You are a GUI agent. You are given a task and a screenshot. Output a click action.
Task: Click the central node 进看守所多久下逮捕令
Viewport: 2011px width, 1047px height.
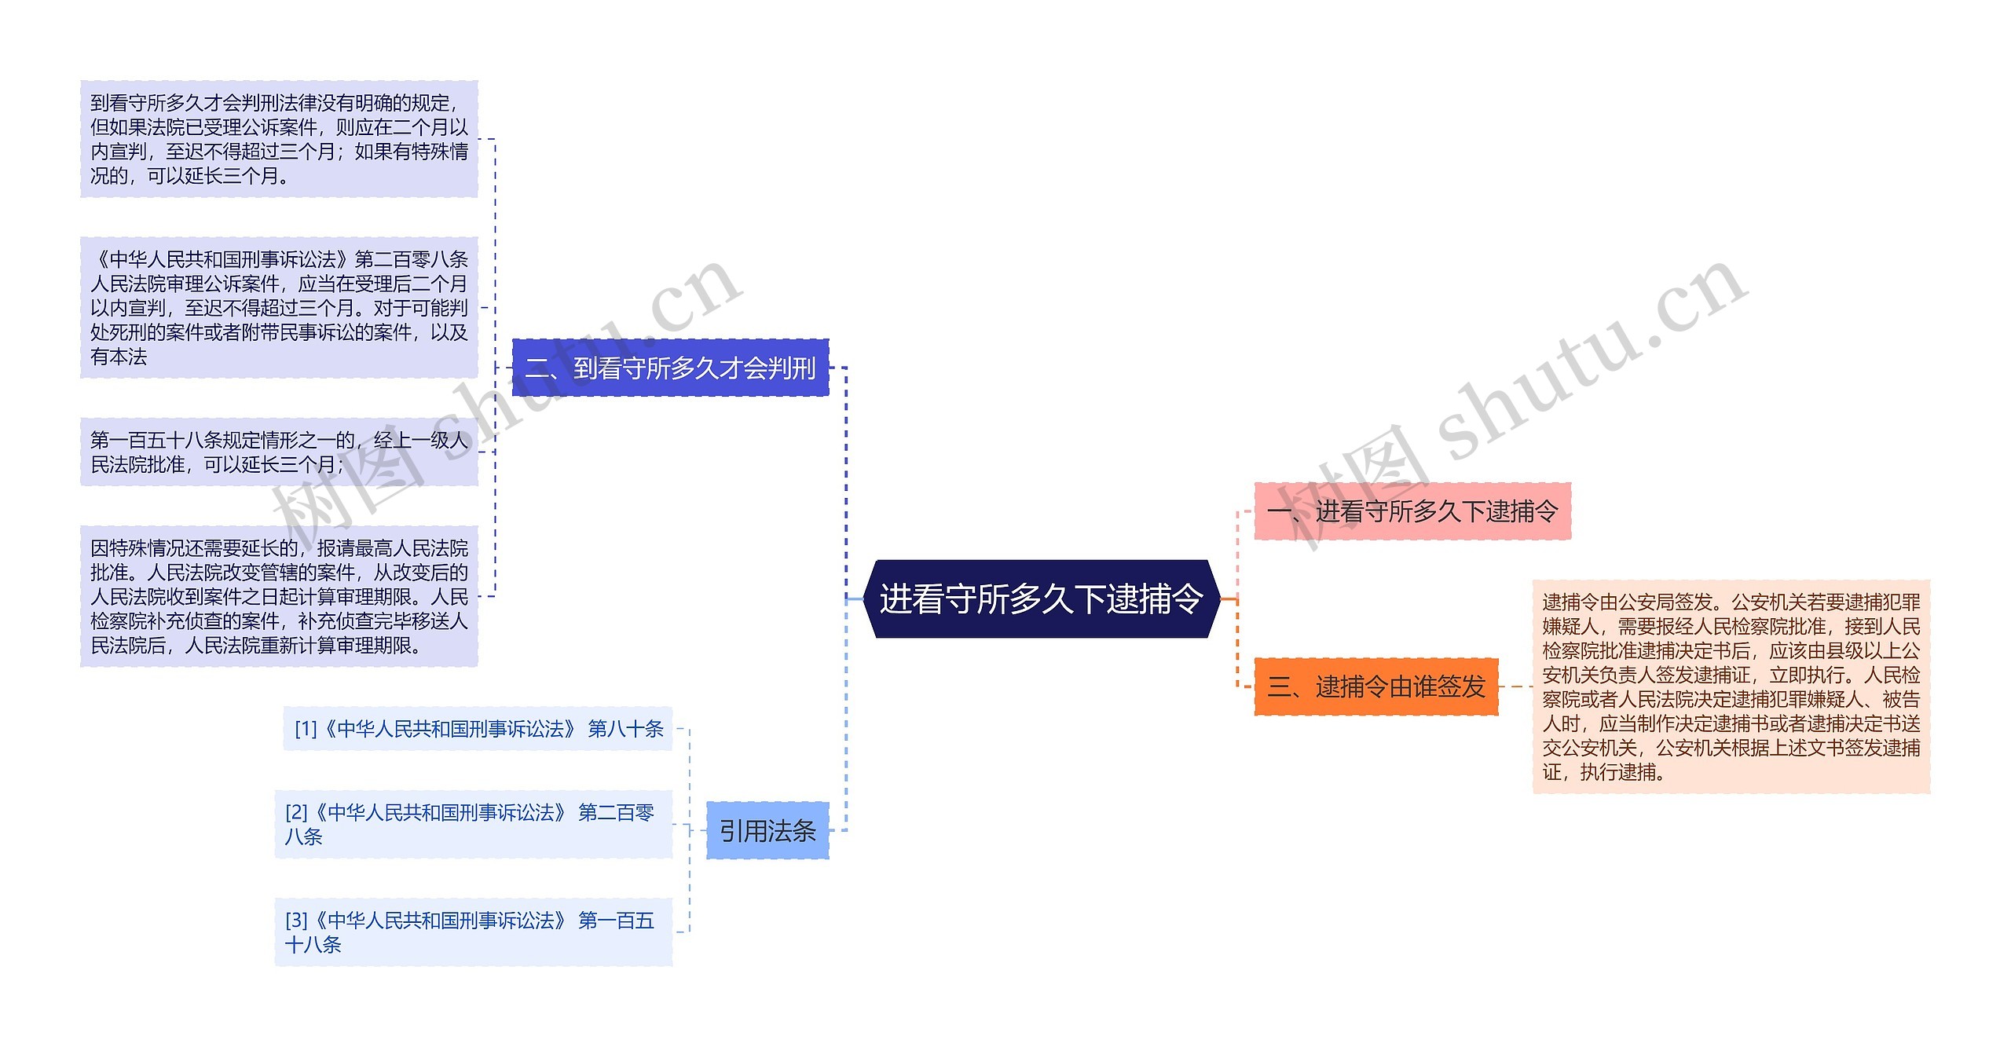click(x=1041, y=599)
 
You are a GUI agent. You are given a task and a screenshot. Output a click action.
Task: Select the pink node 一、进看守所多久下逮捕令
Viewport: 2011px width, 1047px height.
click(x=1412, y=511)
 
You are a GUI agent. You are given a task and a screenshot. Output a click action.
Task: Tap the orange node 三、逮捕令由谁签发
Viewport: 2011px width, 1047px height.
click(x=1375, y=686)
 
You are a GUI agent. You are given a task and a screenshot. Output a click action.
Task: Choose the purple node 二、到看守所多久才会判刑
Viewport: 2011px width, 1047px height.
click(x=670, y=368)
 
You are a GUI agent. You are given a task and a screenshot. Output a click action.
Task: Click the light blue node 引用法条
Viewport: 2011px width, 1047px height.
click(x=767, y=830)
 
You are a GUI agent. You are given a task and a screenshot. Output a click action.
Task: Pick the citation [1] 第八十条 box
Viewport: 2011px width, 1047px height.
click(x=478, y=729)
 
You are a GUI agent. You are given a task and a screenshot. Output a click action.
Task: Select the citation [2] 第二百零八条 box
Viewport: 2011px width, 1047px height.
click(x=473, y=824)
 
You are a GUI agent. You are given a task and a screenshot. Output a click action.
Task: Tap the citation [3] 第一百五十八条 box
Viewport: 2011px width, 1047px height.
click(x=473, y=932)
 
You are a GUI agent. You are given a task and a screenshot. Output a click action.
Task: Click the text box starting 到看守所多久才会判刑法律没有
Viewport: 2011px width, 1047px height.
click(x=279, y=139)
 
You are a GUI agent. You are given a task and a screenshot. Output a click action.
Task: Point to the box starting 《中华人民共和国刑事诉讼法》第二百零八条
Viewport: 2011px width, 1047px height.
click(x=279, y=307)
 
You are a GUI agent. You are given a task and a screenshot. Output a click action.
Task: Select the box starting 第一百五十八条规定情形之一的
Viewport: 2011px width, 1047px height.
click(x=279, y=452)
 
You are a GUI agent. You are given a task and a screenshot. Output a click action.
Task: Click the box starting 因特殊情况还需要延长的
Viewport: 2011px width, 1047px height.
click(x=279, y=596)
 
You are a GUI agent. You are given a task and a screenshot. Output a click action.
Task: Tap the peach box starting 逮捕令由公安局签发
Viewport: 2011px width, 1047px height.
click(x=1731, y=686)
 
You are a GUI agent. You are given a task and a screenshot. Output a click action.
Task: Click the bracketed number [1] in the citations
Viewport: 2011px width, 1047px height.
click(x=305, y=729)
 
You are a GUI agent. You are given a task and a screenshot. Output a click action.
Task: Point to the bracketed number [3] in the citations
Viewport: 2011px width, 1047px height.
click(x=296, y=920)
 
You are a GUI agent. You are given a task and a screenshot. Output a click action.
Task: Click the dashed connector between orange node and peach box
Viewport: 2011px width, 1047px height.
click(x=1515, y=686)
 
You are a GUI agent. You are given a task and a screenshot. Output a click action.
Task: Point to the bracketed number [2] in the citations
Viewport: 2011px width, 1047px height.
click(x=296, y=812)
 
